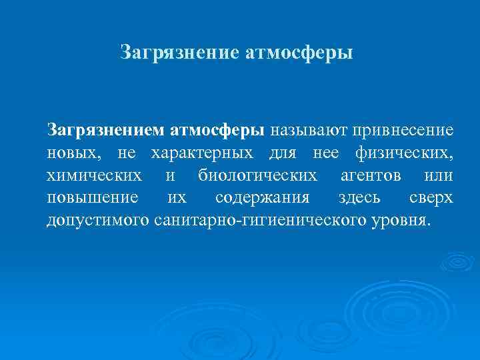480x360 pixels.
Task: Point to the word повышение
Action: click(93, 198)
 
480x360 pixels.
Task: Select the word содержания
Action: click(262, 198)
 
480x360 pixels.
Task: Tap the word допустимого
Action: click(97, 220)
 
